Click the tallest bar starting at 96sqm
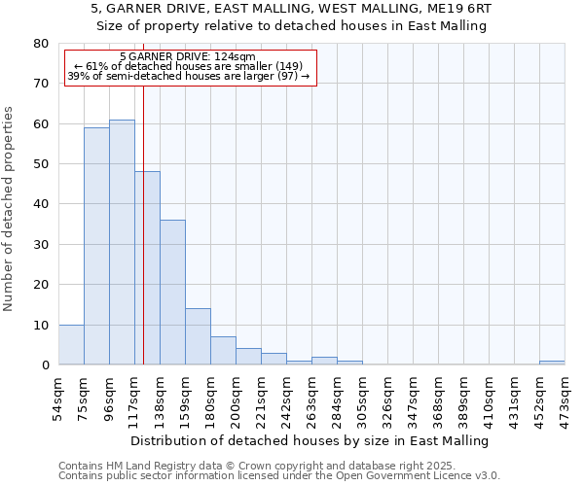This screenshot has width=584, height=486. [122, 243]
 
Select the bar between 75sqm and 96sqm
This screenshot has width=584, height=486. [96, 247]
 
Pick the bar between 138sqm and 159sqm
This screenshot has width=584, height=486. [172, 293]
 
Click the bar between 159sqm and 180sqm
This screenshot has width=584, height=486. [198, 336]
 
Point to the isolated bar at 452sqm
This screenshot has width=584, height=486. [552, 363]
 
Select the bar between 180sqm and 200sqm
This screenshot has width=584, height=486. [223, 351]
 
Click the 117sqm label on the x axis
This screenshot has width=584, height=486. [135, 393]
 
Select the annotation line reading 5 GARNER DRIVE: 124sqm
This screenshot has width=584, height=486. [188, 56]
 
